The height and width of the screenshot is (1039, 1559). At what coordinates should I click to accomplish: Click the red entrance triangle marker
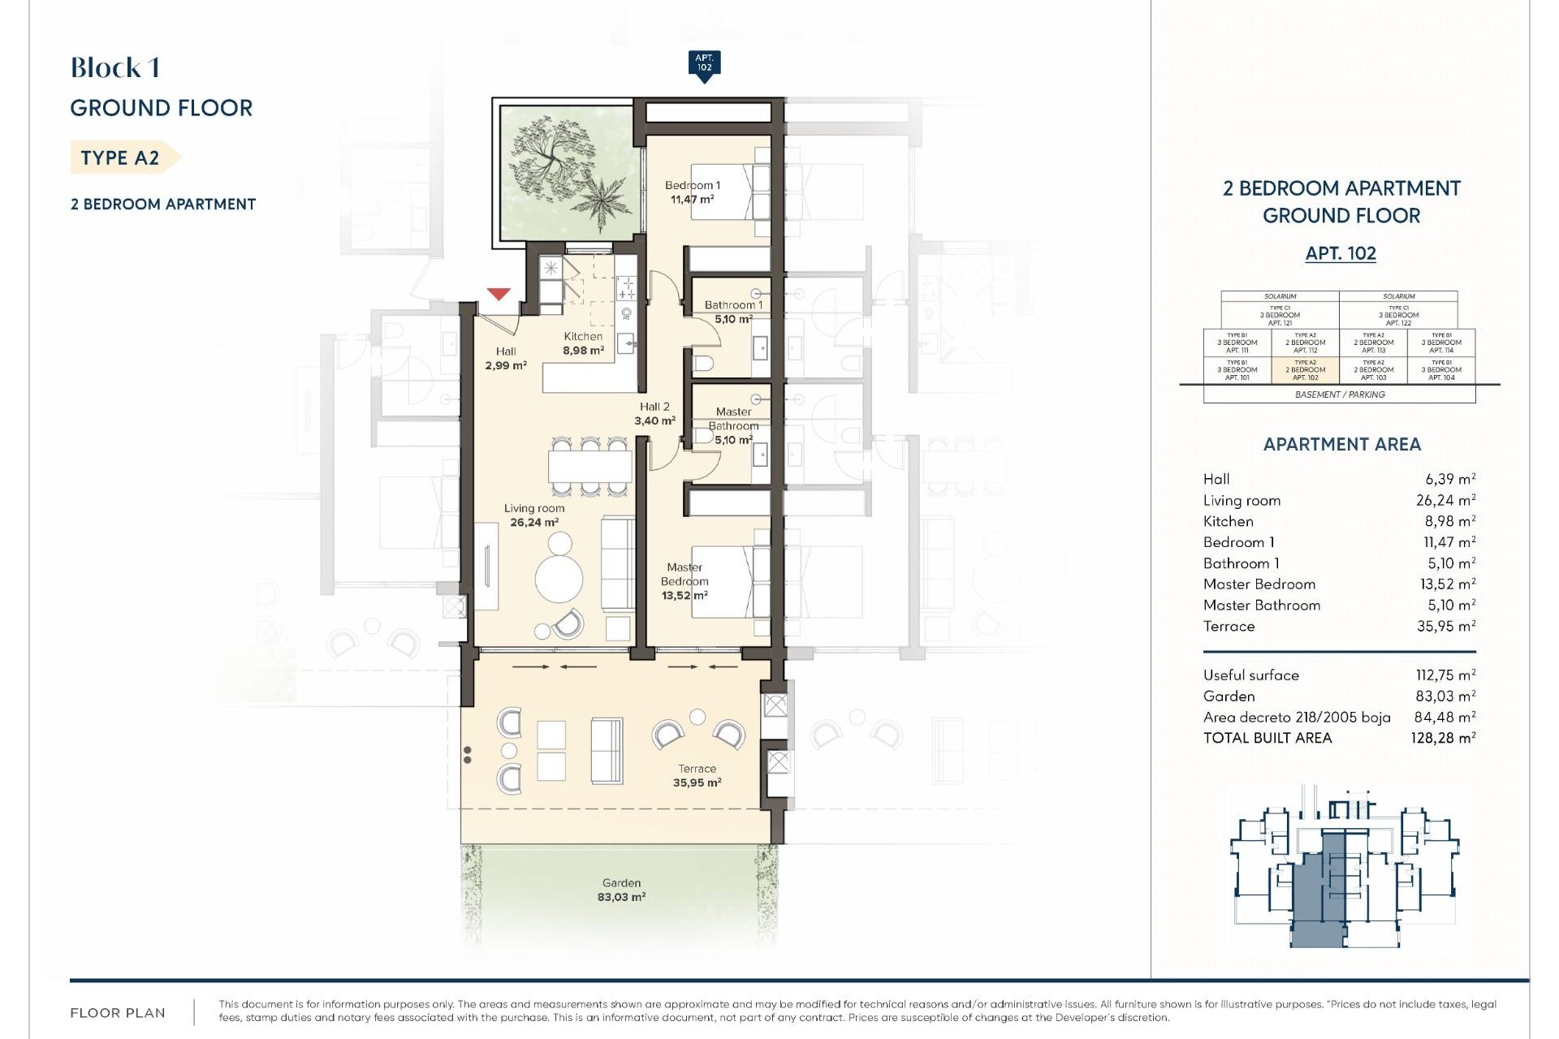(x=499, y=294)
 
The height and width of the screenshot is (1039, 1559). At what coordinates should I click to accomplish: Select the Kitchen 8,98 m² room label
(x=583, y=343)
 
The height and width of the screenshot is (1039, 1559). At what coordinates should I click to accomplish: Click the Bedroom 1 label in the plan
(x=692, y=192)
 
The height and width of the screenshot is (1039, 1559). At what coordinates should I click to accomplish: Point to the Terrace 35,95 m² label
(x=697, y=776)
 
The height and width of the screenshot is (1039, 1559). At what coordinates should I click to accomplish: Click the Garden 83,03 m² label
(x=621, y=890)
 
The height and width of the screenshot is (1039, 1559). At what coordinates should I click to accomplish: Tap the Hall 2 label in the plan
(x=654, y=413)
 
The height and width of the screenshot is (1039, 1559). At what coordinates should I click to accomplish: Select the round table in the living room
(x=559, y=579)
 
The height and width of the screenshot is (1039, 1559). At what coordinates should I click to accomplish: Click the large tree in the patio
(x=552, y=158)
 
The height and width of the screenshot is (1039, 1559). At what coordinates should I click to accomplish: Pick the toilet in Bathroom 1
(x=702, y=362)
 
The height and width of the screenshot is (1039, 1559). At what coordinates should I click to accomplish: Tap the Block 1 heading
(x=114, y=67)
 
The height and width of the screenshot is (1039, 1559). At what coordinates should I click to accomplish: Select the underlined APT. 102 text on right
(x=1341, y=253)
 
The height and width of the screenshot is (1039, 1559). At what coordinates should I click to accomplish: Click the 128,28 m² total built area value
(x=1443, y=738)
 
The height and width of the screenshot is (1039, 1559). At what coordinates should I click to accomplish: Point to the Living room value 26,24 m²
(x=1445, y=501)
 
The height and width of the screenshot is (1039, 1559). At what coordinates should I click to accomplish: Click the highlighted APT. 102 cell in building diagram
(x=1305, y=370)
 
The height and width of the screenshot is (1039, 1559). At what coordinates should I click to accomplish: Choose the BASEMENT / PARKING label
(x=1340, y=394)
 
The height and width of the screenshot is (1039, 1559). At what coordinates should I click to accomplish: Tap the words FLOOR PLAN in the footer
(x=118, y=1013)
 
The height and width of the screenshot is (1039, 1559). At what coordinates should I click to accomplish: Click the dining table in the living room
(x=589, y=467)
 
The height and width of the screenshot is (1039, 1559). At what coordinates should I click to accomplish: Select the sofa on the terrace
(x=606, y=750)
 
